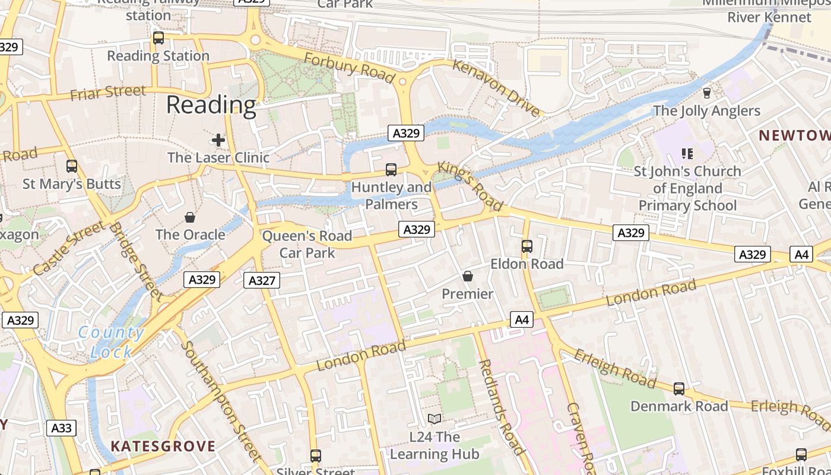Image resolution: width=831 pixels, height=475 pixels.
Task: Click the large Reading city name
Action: (x=211, y=105)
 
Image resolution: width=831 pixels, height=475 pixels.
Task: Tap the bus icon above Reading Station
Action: (x=158, y=38)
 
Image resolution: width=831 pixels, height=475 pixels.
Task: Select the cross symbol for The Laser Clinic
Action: (x=218, y=140)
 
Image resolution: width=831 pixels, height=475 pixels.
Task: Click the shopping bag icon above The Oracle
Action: (x=190, y=217)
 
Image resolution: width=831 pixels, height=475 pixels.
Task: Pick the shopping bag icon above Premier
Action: (x=468, y=276)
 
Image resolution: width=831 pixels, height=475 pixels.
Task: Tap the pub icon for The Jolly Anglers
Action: (x=706, y=93)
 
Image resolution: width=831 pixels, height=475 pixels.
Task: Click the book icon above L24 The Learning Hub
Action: (x=434, y=419)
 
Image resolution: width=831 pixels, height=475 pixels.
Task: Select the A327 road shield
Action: (x=261, y=280)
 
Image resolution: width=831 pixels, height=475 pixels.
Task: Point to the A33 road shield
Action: (x=61, y=427)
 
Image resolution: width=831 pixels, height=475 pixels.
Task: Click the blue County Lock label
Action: (x=111, y=342)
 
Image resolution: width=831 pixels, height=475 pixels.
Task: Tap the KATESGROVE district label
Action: (x=163, y=446)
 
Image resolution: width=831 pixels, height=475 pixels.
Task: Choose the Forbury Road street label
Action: (x=349, y=68)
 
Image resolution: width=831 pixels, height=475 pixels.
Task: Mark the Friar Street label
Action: (x=107, y=93)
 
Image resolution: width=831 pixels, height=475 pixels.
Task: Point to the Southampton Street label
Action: (x=221, y=401)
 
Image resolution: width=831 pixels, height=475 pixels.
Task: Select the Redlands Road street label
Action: (x=502, y=407)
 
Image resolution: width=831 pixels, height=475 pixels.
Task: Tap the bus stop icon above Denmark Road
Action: (x=679, y=389)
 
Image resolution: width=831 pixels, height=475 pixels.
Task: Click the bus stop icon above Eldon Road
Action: (x=526, y=246)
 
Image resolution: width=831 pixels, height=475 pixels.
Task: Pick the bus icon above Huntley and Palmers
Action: (x=391, y=170)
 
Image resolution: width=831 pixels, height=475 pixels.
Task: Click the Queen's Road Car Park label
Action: (x=307, y=244)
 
